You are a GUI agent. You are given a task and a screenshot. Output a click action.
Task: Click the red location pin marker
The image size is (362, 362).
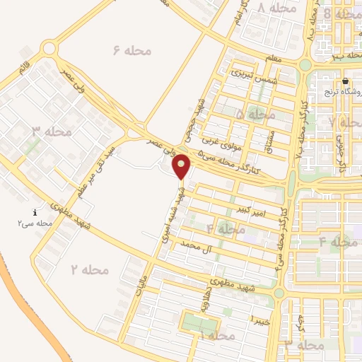[x=182, y=167]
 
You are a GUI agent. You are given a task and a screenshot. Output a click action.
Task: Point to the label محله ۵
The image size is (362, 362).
[x=256, y=114]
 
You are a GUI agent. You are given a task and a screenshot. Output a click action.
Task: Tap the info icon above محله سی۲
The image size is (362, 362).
[x=36, y=212]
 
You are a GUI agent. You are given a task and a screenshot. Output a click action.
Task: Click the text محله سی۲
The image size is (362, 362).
[x=36, y=223]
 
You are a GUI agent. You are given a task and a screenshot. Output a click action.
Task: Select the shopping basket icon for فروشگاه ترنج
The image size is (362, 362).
[x=346, y=81]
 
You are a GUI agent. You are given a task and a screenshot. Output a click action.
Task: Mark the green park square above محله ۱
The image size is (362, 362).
[x=201, y=323]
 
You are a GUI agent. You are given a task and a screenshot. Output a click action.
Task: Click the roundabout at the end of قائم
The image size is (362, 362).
[x=48, y=48]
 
